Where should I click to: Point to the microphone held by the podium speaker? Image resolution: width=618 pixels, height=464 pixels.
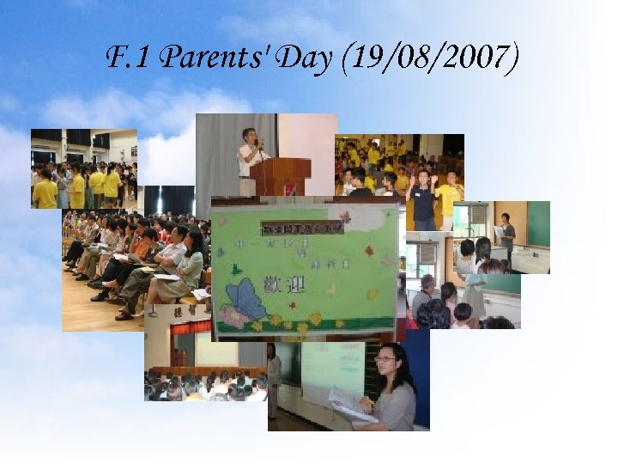255,143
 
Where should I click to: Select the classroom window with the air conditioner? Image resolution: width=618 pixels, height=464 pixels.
425,253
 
